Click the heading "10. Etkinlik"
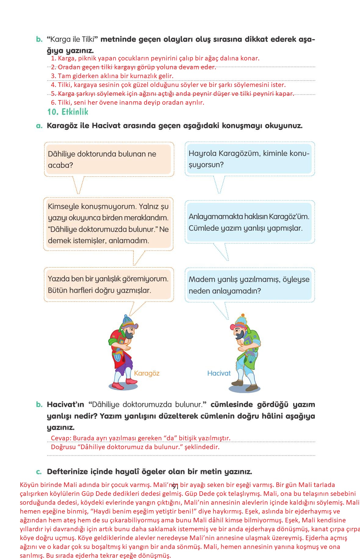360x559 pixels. point(67,112)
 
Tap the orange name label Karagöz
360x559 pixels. point(146,373)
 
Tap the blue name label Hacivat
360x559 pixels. point(219,373)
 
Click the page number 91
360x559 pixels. point(175,486)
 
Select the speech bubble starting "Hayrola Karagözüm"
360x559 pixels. point(249,159)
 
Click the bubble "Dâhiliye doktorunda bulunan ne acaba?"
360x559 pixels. point(109,159)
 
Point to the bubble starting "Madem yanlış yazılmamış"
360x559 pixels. point(249,285)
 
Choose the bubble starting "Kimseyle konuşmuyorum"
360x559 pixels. point(108,224)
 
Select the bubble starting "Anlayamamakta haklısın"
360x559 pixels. point(249,222)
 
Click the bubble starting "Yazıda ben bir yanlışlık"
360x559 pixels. point(108,285)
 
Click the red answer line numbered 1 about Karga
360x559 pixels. point(155,58)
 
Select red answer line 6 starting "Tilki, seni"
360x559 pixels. point(128,103)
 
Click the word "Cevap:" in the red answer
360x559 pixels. point(61,438)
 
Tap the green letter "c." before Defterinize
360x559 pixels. point(39,472)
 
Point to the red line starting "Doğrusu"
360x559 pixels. point(135,447)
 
